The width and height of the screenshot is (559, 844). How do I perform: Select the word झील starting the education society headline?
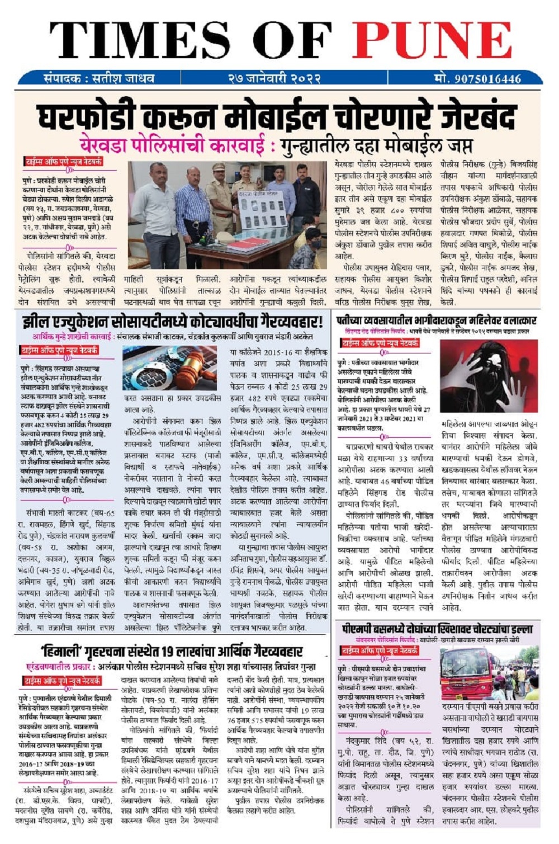click(35, 323)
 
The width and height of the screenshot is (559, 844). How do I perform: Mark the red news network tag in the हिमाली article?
click(61, 681)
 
